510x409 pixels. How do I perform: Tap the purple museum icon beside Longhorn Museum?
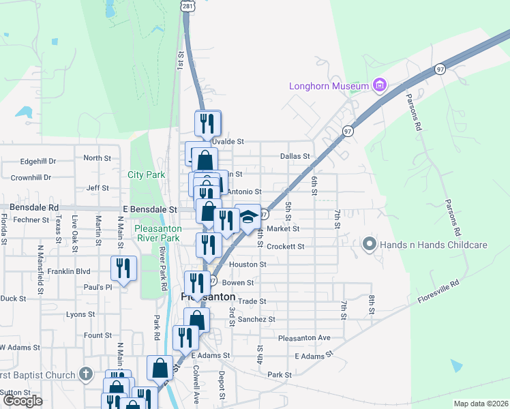tap(380, 86)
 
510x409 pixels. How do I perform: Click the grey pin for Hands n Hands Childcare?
tap(370, 243)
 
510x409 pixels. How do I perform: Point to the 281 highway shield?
tap(188, 5)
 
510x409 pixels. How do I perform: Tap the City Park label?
tap(147, 175)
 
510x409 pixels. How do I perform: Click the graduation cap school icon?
tap(248, 216)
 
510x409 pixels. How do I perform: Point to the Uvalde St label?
tap(228, 141)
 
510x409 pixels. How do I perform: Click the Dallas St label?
tap(295, 156)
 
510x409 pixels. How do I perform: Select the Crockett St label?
tap(285, 246)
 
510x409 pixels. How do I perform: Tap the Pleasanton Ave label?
tap(304, 337)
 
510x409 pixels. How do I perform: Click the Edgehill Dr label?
tap(38, 162)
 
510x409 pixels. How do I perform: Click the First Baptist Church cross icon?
tap(85, 374)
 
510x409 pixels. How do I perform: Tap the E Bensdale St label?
tap(150, 210)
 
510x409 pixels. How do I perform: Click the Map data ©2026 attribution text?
tap(481, 404)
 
